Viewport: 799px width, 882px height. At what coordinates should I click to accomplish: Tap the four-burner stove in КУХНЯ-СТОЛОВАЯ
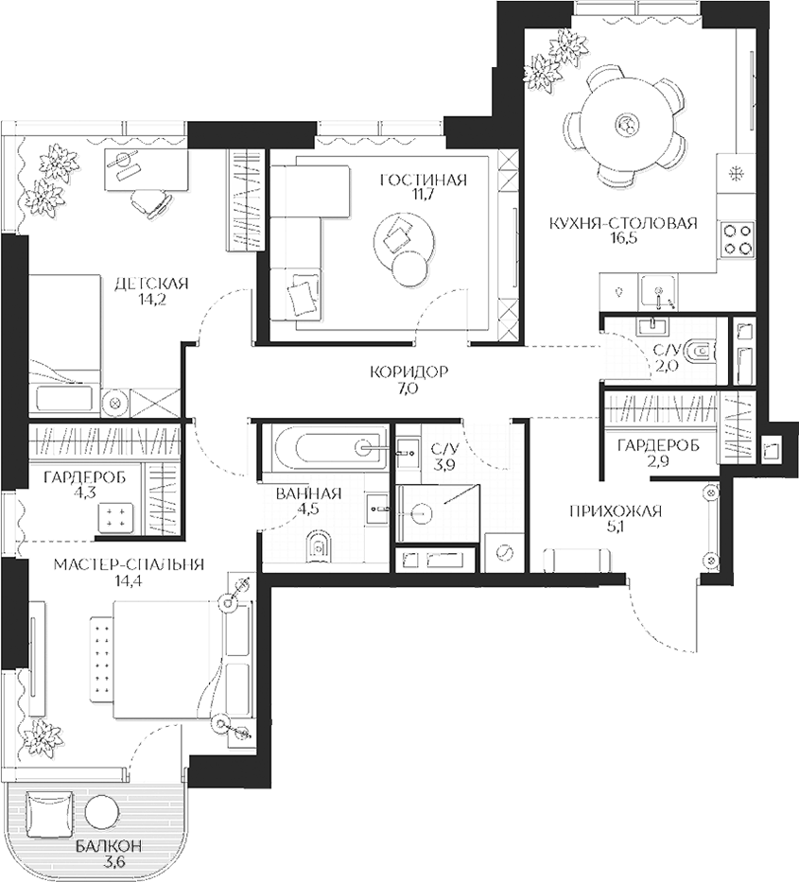coord(738,236)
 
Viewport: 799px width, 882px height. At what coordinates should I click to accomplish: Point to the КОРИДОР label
coord(408,372)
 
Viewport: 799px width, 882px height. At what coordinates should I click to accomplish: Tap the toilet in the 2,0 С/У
coord(701,352)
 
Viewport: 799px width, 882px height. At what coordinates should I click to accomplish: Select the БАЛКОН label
coord(113,846)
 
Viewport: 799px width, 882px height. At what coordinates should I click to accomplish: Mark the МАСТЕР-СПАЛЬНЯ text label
coord(129,564)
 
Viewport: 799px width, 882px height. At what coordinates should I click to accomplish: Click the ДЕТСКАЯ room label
coord(151,283)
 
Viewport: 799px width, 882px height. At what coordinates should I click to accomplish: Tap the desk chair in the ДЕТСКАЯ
coord(148,201)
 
